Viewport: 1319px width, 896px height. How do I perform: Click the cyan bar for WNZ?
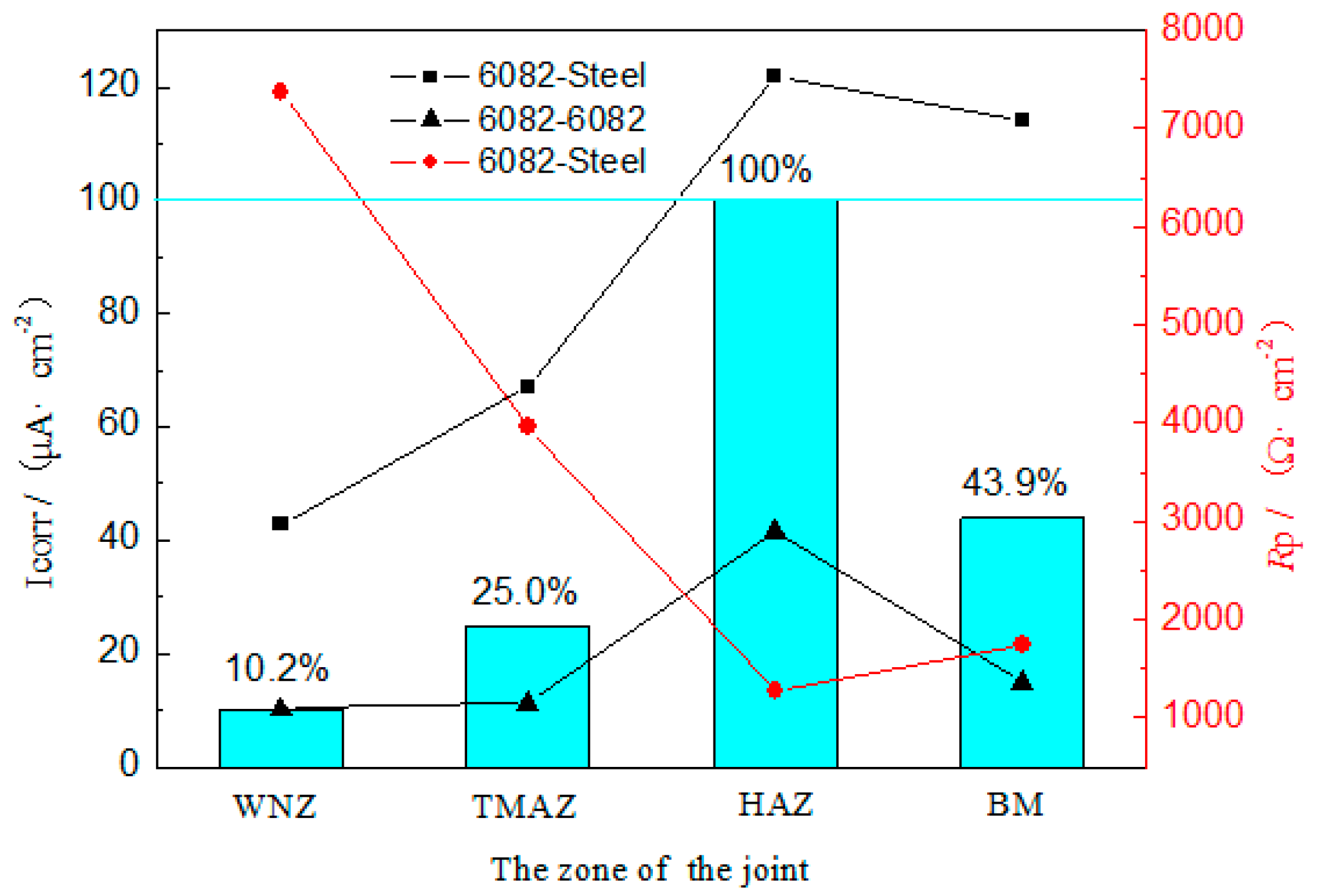tap(281, 739)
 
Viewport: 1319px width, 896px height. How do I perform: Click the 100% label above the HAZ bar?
tap(765, 169)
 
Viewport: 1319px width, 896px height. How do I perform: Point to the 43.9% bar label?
tap(1014, 483)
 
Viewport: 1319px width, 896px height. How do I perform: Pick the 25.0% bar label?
tap(524, 591)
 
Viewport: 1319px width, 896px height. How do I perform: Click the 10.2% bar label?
tap(276, 668)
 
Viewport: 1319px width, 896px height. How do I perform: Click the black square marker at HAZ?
tap(773, 76)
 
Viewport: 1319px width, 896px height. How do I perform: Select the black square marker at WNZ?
tap(280, 523)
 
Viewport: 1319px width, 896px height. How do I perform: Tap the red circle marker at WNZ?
tap(280, 92)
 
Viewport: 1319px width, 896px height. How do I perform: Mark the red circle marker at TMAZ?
tap(528, 426)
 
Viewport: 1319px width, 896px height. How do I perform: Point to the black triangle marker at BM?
tap(1022, 681)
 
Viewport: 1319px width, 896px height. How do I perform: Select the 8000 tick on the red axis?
tap(1201, 27)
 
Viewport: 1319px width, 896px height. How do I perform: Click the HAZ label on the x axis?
tap(775, 804)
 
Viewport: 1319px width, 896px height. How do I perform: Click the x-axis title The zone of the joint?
tap(649, 869)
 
